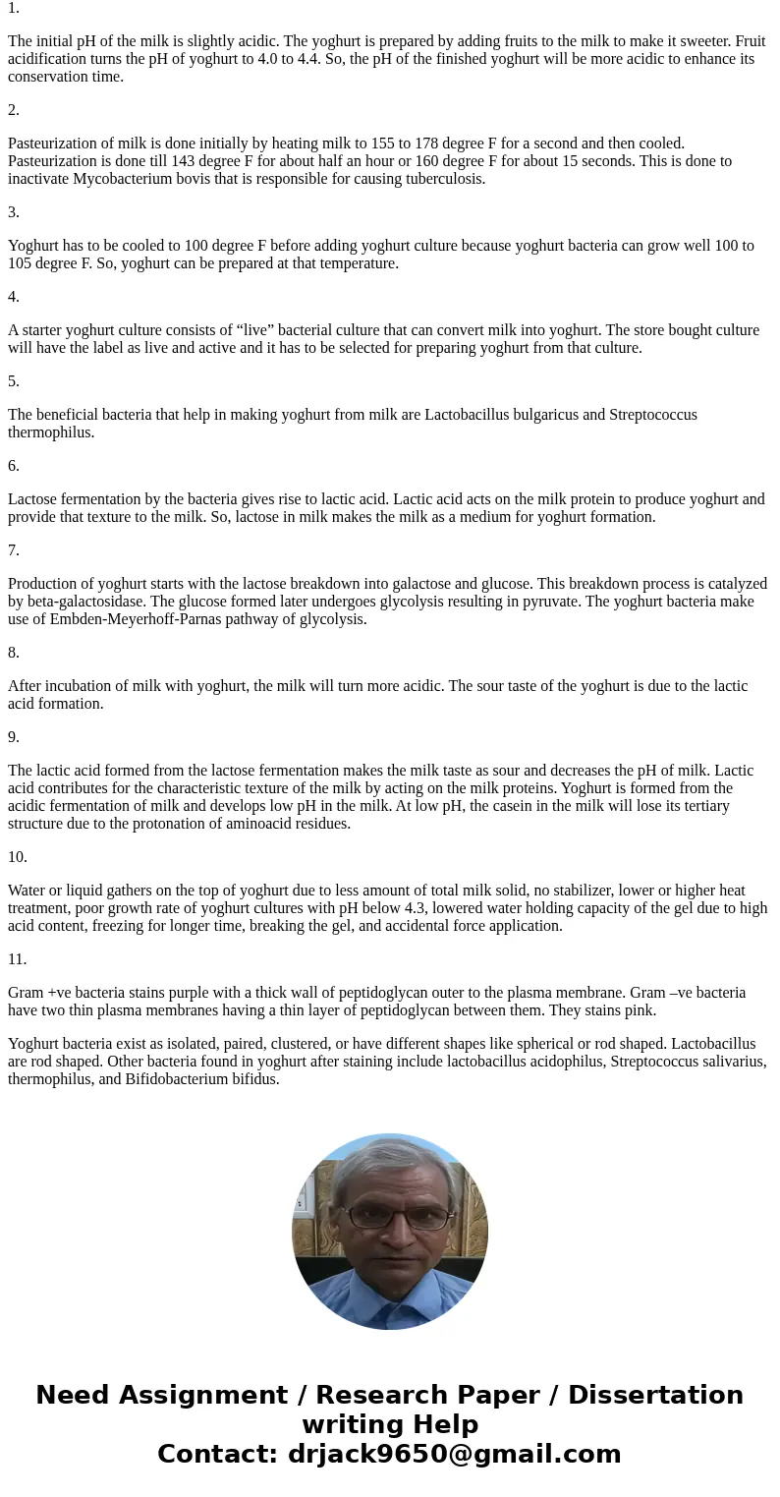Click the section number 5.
pyautogui.click(x=14, y=381)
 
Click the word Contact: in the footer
pyautogui.click(x=217, y=1455)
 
